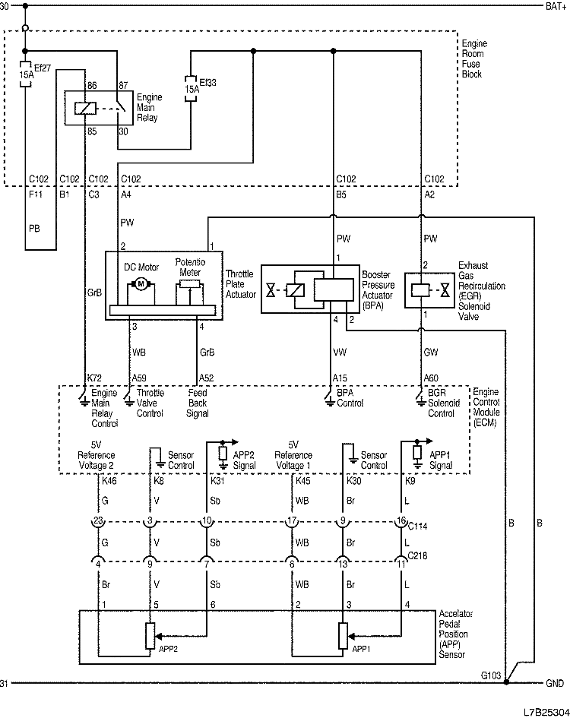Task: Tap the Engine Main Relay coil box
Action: pyautogui.click(x=83, y=109)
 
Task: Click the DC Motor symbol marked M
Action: pyautogui.click(x=140, y=285)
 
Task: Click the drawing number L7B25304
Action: pyautogui.click(x=544, y=711)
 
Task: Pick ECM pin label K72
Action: pyautogui.click(x=94, y=377)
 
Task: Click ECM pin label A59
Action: pyautogui.click(x=139, y=377)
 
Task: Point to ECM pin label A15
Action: pyautogui.click(x=340, y=377)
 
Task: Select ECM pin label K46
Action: pyautogui.click(x=109, y=481)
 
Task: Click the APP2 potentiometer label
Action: pyautogui.click(x=169, y=650)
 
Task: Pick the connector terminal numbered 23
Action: pyautogui.click(x=97, y=520)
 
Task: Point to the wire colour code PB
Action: pyautogui.click(x=34, y=226)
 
